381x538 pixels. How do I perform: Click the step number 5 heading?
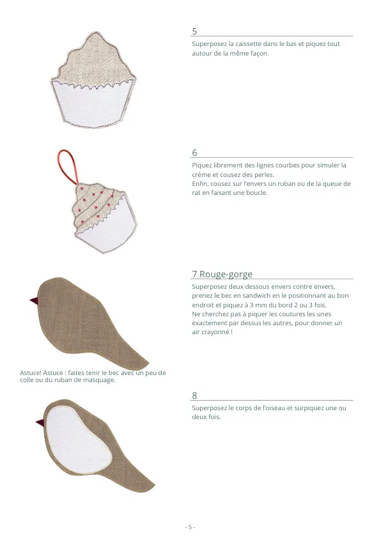pyautogui.click(x=194, y=31)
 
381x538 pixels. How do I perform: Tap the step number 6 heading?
pyautogui.click(x=194, y=153)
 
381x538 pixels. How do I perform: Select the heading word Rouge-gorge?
pyautogui.click(x=226, y=274)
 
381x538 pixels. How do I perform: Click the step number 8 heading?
pyautogui.click(x=194, y=396)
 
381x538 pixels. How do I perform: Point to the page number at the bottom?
pyautogui.click(x=190, y=527)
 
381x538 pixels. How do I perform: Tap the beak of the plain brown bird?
pyautogui.click(x=35, y=301)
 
